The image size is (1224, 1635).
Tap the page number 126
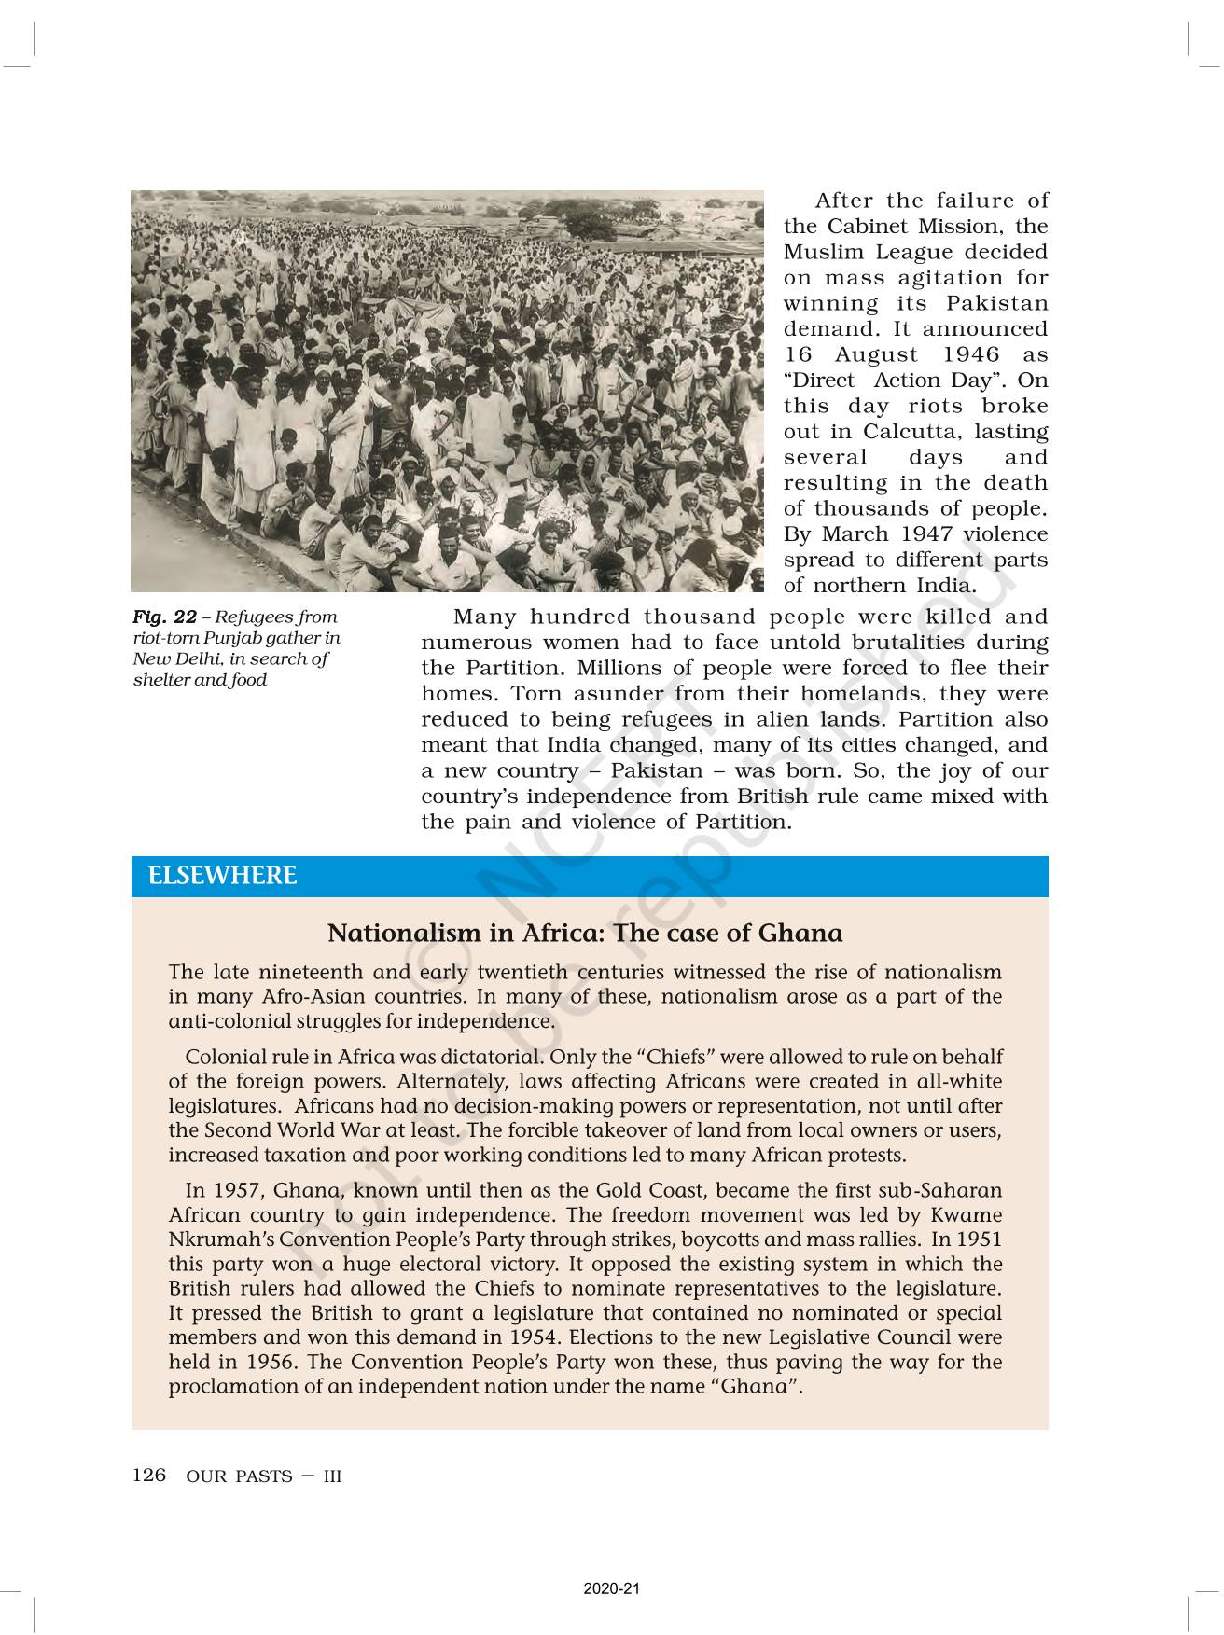click(149, 1475)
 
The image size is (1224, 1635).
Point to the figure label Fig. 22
click(164, 617)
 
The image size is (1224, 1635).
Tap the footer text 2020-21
click(612, 1588)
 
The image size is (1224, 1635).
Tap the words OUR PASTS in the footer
click(239, 1476)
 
